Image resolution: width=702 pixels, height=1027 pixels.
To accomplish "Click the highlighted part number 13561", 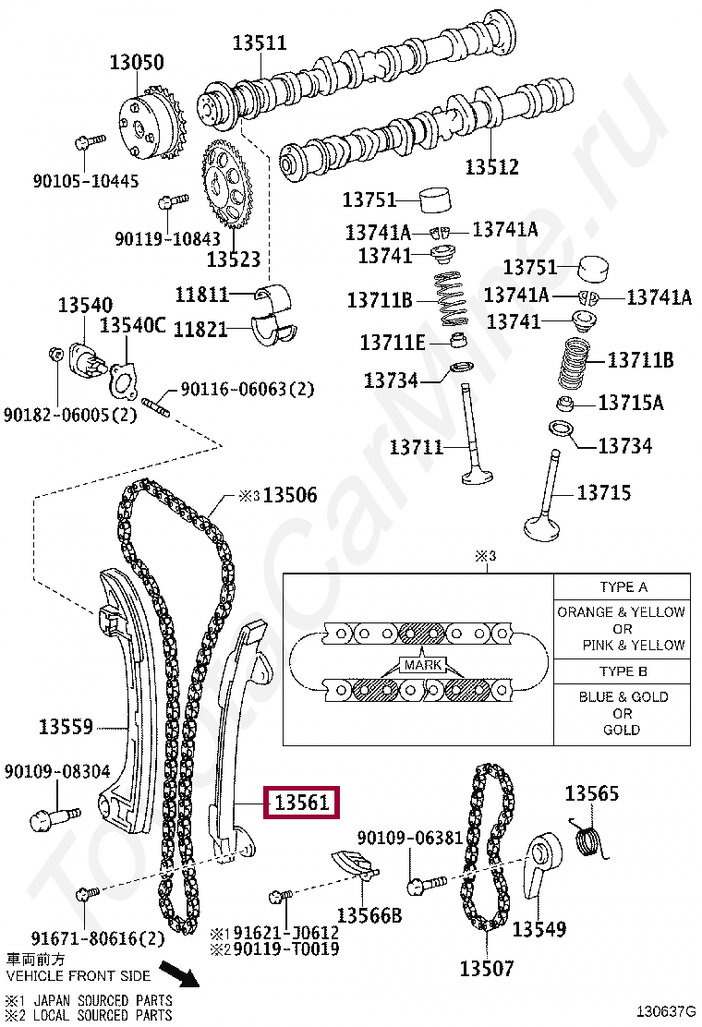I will [x=301, y=803].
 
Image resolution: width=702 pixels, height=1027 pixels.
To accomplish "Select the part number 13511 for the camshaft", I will [x=259, y=42].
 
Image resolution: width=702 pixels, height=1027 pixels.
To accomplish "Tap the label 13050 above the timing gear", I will [x=137, y=63].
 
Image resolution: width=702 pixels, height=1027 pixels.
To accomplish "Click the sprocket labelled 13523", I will [x=225, y=189].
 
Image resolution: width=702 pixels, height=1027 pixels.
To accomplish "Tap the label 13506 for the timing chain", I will [x=289, y=495].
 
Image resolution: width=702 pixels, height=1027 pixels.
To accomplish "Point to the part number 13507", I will [x=486, y=969].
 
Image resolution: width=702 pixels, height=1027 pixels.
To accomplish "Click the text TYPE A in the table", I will [x=623, y=587].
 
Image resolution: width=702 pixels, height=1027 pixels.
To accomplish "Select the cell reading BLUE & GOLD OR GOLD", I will [x=623, y=713].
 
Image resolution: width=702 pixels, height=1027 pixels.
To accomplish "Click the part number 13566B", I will [x=369, y=915].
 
